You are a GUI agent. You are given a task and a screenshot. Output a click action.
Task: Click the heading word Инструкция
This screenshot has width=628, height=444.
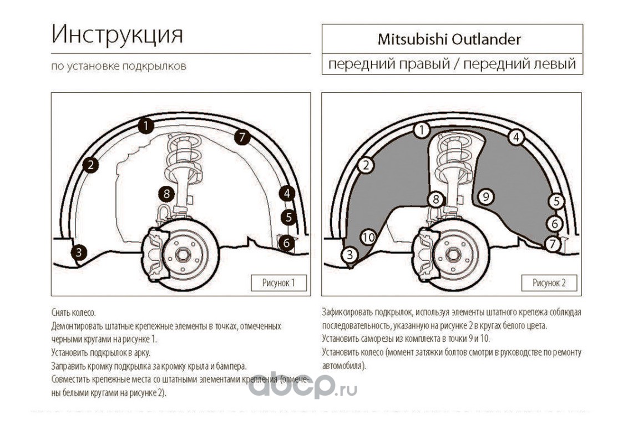point(117,35)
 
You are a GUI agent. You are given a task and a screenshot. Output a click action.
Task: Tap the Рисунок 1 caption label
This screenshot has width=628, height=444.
point(278,283)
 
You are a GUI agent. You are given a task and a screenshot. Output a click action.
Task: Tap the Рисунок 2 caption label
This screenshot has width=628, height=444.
point(549,283)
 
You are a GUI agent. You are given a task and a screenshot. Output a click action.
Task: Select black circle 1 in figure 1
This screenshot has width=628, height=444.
point(145,126)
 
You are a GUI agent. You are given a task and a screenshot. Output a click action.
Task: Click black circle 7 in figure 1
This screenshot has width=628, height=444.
point(242,137)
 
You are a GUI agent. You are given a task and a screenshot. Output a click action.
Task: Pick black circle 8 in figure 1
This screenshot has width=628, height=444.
point(166,194)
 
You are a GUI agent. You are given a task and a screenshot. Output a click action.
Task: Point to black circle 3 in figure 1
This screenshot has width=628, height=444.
point(79,253)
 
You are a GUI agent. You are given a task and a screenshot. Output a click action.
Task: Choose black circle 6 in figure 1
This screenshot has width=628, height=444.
point(286,242)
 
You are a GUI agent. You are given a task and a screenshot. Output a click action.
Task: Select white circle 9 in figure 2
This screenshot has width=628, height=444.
point(485,196)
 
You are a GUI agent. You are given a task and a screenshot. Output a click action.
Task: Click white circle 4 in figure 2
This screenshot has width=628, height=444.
point(516,137)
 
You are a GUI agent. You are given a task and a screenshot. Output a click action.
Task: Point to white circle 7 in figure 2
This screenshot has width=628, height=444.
point(552,243)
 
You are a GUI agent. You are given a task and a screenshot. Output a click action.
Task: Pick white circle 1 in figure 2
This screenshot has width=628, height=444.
point(422,130)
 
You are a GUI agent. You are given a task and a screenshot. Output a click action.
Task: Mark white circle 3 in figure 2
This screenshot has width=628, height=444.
point(350,255)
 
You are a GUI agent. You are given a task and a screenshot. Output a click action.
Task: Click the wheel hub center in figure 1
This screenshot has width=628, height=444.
point(183,256)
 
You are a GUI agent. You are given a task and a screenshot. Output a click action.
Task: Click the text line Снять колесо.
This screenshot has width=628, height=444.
point(69,313)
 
